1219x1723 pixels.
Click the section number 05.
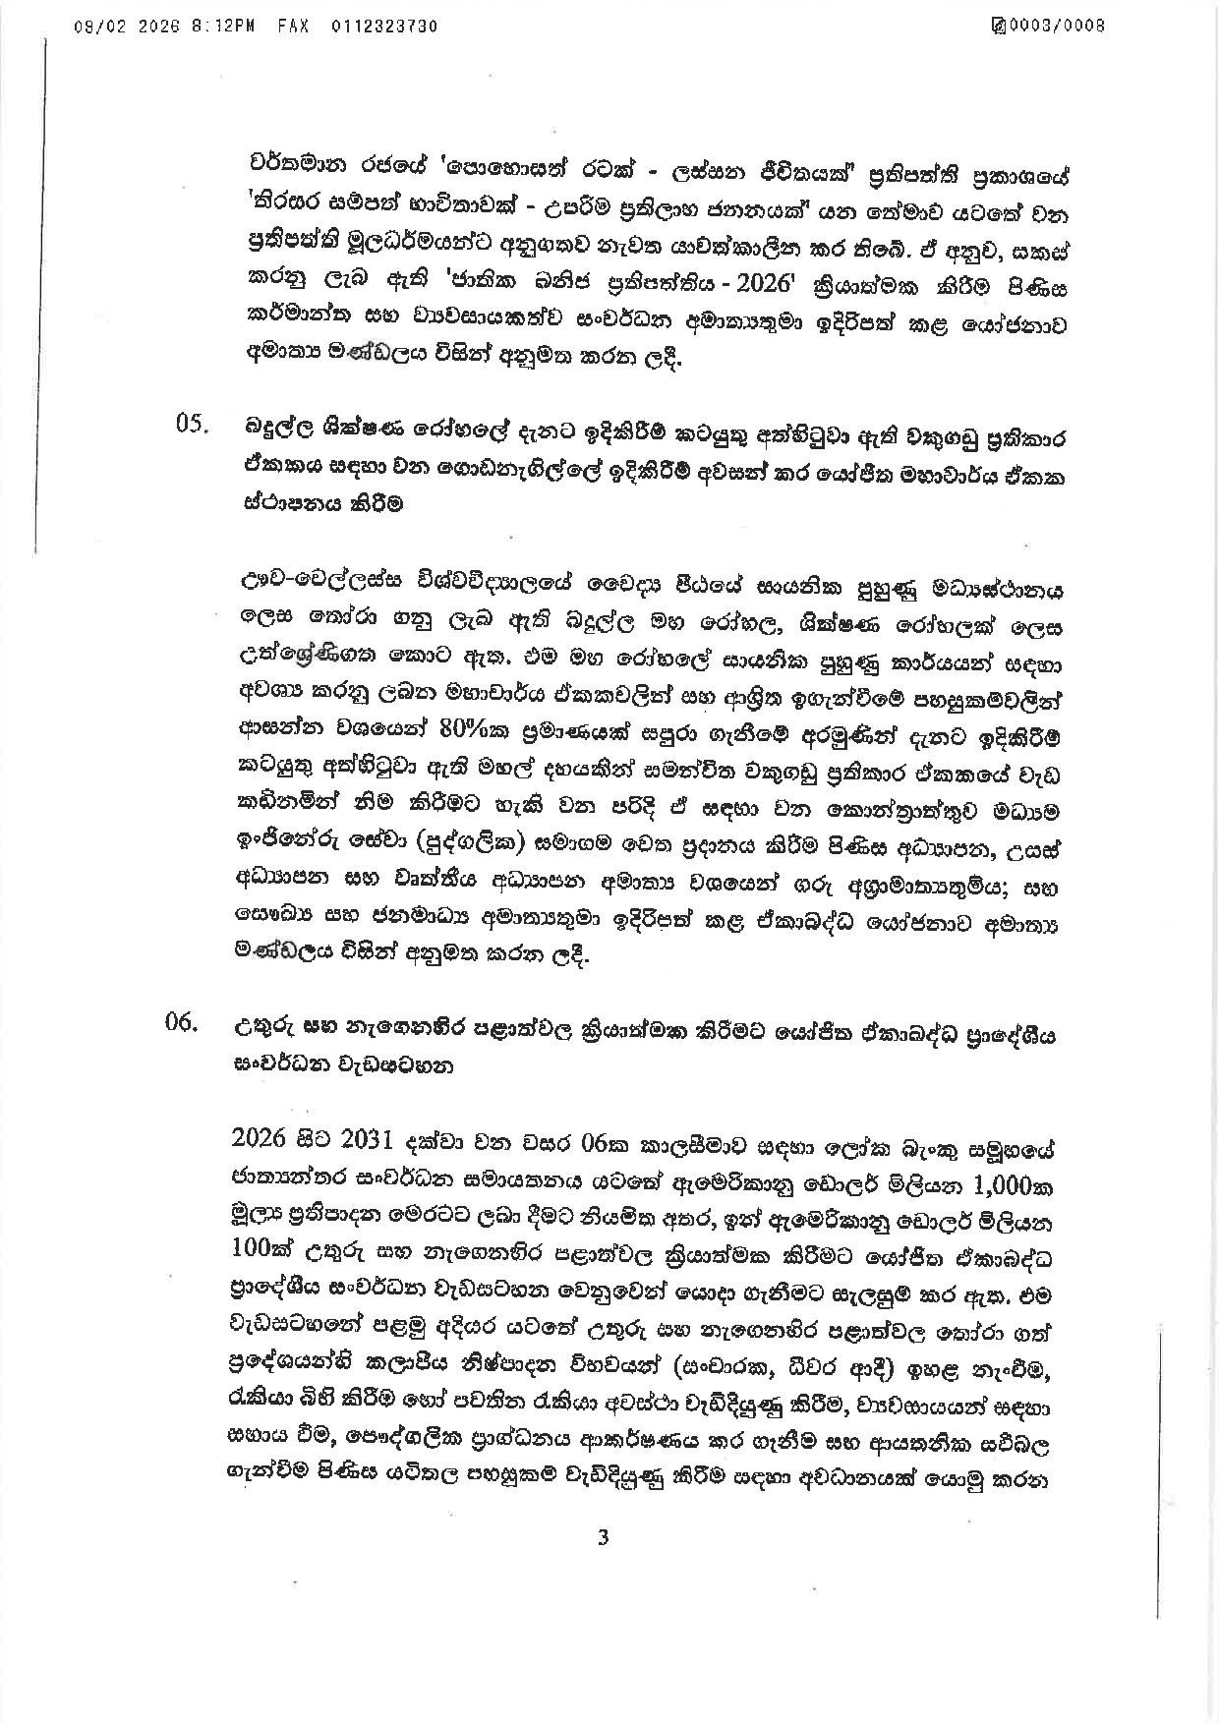tap(193, 427)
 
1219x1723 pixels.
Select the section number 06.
tap(184, 1026)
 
